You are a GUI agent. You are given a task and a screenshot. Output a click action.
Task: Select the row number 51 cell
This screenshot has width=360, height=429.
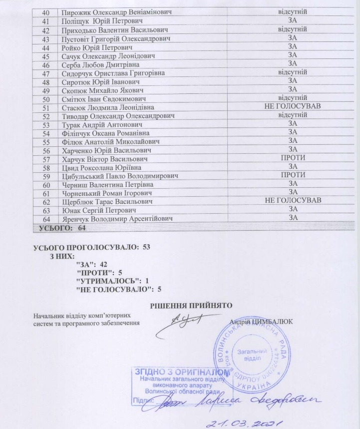(45, 107)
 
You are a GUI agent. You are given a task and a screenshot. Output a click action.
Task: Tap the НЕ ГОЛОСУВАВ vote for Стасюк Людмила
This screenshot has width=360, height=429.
(293, 107)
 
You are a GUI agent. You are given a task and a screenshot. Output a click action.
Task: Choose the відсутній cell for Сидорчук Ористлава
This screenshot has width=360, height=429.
(293, 73)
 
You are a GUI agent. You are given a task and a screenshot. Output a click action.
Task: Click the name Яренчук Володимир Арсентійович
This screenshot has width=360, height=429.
(117, 218)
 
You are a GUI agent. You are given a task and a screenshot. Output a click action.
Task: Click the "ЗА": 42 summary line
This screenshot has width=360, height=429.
(94, 263)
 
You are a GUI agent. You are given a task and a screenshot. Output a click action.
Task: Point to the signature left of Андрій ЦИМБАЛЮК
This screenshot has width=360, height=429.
(187, 320)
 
